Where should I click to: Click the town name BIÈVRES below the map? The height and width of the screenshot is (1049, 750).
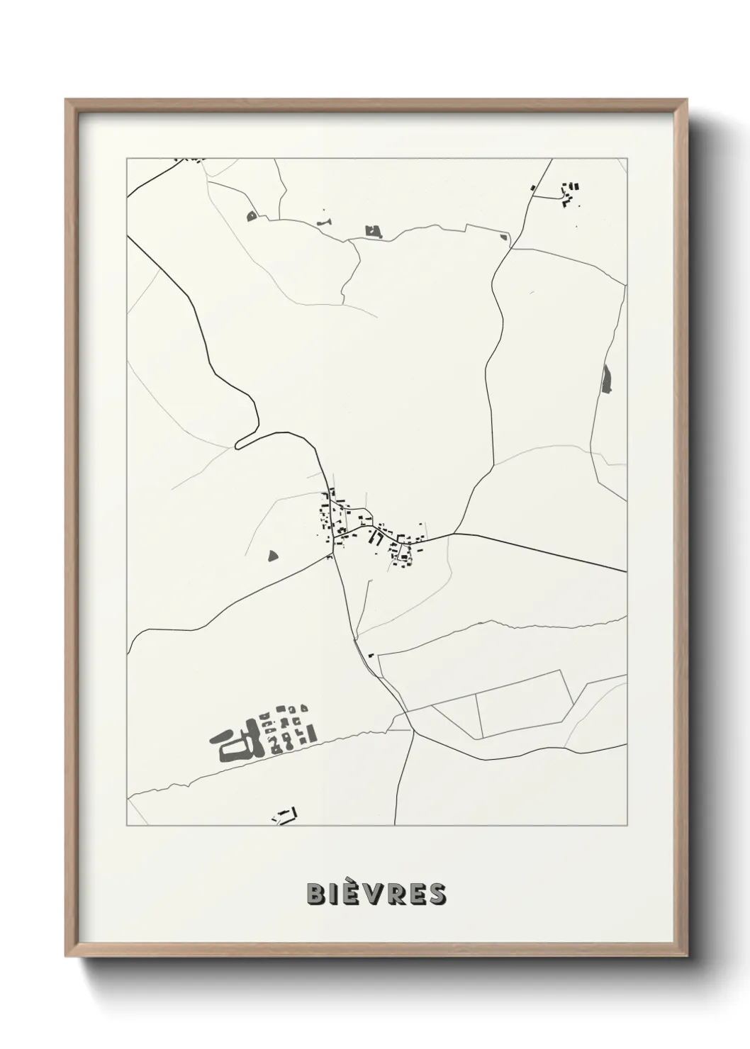[376, 894]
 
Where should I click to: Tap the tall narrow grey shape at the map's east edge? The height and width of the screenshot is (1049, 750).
[606, 378]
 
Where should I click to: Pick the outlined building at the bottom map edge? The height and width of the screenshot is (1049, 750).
[285, 815]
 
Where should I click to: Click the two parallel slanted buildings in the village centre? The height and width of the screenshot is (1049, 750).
[376, 539]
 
